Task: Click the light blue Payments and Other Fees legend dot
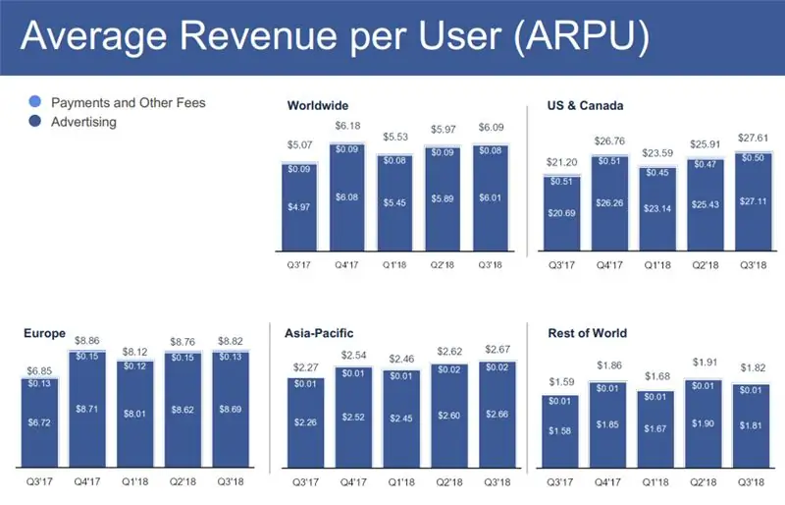tap(36, 103)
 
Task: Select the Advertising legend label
tap(83, 123)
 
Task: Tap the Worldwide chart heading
tap(318, 105)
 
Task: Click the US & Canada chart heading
tap(586, 105)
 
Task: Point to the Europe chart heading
tap(45, 334)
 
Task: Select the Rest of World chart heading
tap(587, 334)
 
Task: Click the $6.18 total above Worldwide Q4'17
tap(348, 127)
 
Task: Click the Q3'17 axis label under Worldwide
tap(301, 264)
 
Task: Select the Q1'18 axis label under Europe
tap(135, 482)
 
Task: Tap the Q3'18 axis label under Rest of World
tap(752, 482)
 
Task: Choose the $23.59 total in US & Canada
tap(657, 152)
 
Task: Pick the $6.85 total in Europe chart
tap(39, 368)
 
